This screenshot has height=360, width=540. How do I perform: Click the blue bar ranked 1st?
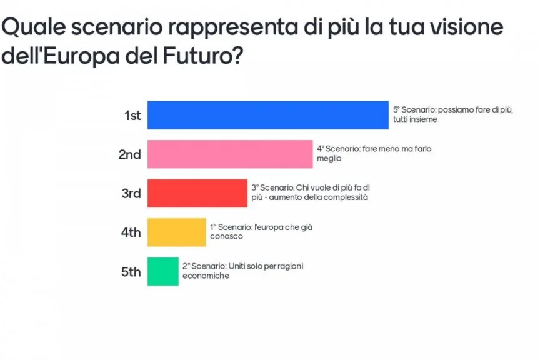coord(267,114)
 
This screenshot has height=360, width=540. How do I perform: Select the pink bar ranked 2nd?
coord(229,154)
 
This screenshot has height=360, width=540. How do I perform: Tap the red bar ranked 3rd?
coord(197,193)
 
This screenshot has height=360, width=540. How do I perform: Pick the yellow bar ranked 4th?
coord(176,232)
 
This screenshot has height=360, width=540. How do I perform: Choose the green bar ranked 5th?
coord(162,272)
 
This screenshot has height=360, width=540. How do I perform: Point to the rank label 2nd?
coord(130,154)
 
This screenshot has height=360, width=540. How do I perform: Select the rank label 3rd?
coord(131,194)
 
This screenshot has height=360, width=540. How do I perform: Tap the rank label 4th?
coord(131,233)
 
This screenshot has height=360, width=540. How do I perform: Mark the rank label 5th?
coord(131,272)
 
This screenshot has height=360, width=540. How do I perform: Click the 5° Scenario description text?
coord(452,114)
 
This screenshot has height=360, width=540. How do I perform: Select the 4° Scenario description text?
coord(374,154)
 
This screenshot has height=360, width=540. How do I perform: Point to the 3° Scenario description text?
coord(315,192)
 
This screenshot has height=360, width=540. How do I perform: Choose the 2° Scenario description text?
coord(242,271)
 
